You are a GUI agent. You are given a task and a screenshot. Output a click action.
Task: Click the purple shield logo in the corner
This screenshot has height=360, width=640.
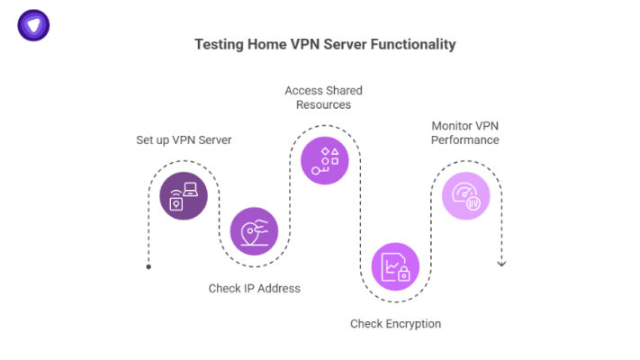tap(33, 25)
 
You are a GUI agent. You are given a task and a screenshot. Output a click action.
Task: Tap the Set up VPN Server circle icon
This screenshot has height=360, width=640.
tap(183, 195)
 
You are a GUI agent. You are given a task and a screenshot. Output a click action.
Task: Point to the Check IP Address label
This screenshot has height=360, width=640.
tap(255, 288)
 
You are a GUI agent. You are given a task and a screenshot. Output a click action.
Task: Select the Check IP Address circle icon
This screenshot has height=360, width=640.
tap(254, 231)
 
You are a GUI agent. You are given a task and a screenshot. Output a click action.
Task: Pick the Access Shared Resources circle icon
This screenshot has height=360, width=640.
tap(325, 160)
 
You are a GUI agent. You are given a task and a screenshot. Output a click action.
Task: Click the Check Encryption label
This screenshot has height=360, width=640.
tap(395, 323)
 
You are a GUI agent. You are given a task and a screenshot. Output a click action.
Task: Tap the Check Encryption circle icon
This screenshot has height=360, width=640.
tap(395, 266)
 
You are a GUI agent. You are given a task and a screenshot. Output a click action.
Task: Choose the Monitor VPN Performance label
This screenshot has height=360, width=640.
tap(464, 133)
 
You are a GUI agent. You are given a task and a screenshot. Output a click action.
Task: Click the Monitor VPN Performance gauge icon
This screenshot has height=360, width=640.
tap(466, 195)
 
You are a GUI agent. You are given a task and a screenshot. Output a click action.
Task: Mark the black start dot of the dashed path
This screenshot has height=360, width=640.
tap(149, 266)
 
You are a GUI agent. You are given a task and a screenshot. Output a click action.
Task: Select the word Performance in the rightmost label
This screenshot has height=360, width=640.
tap(464, 140)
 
